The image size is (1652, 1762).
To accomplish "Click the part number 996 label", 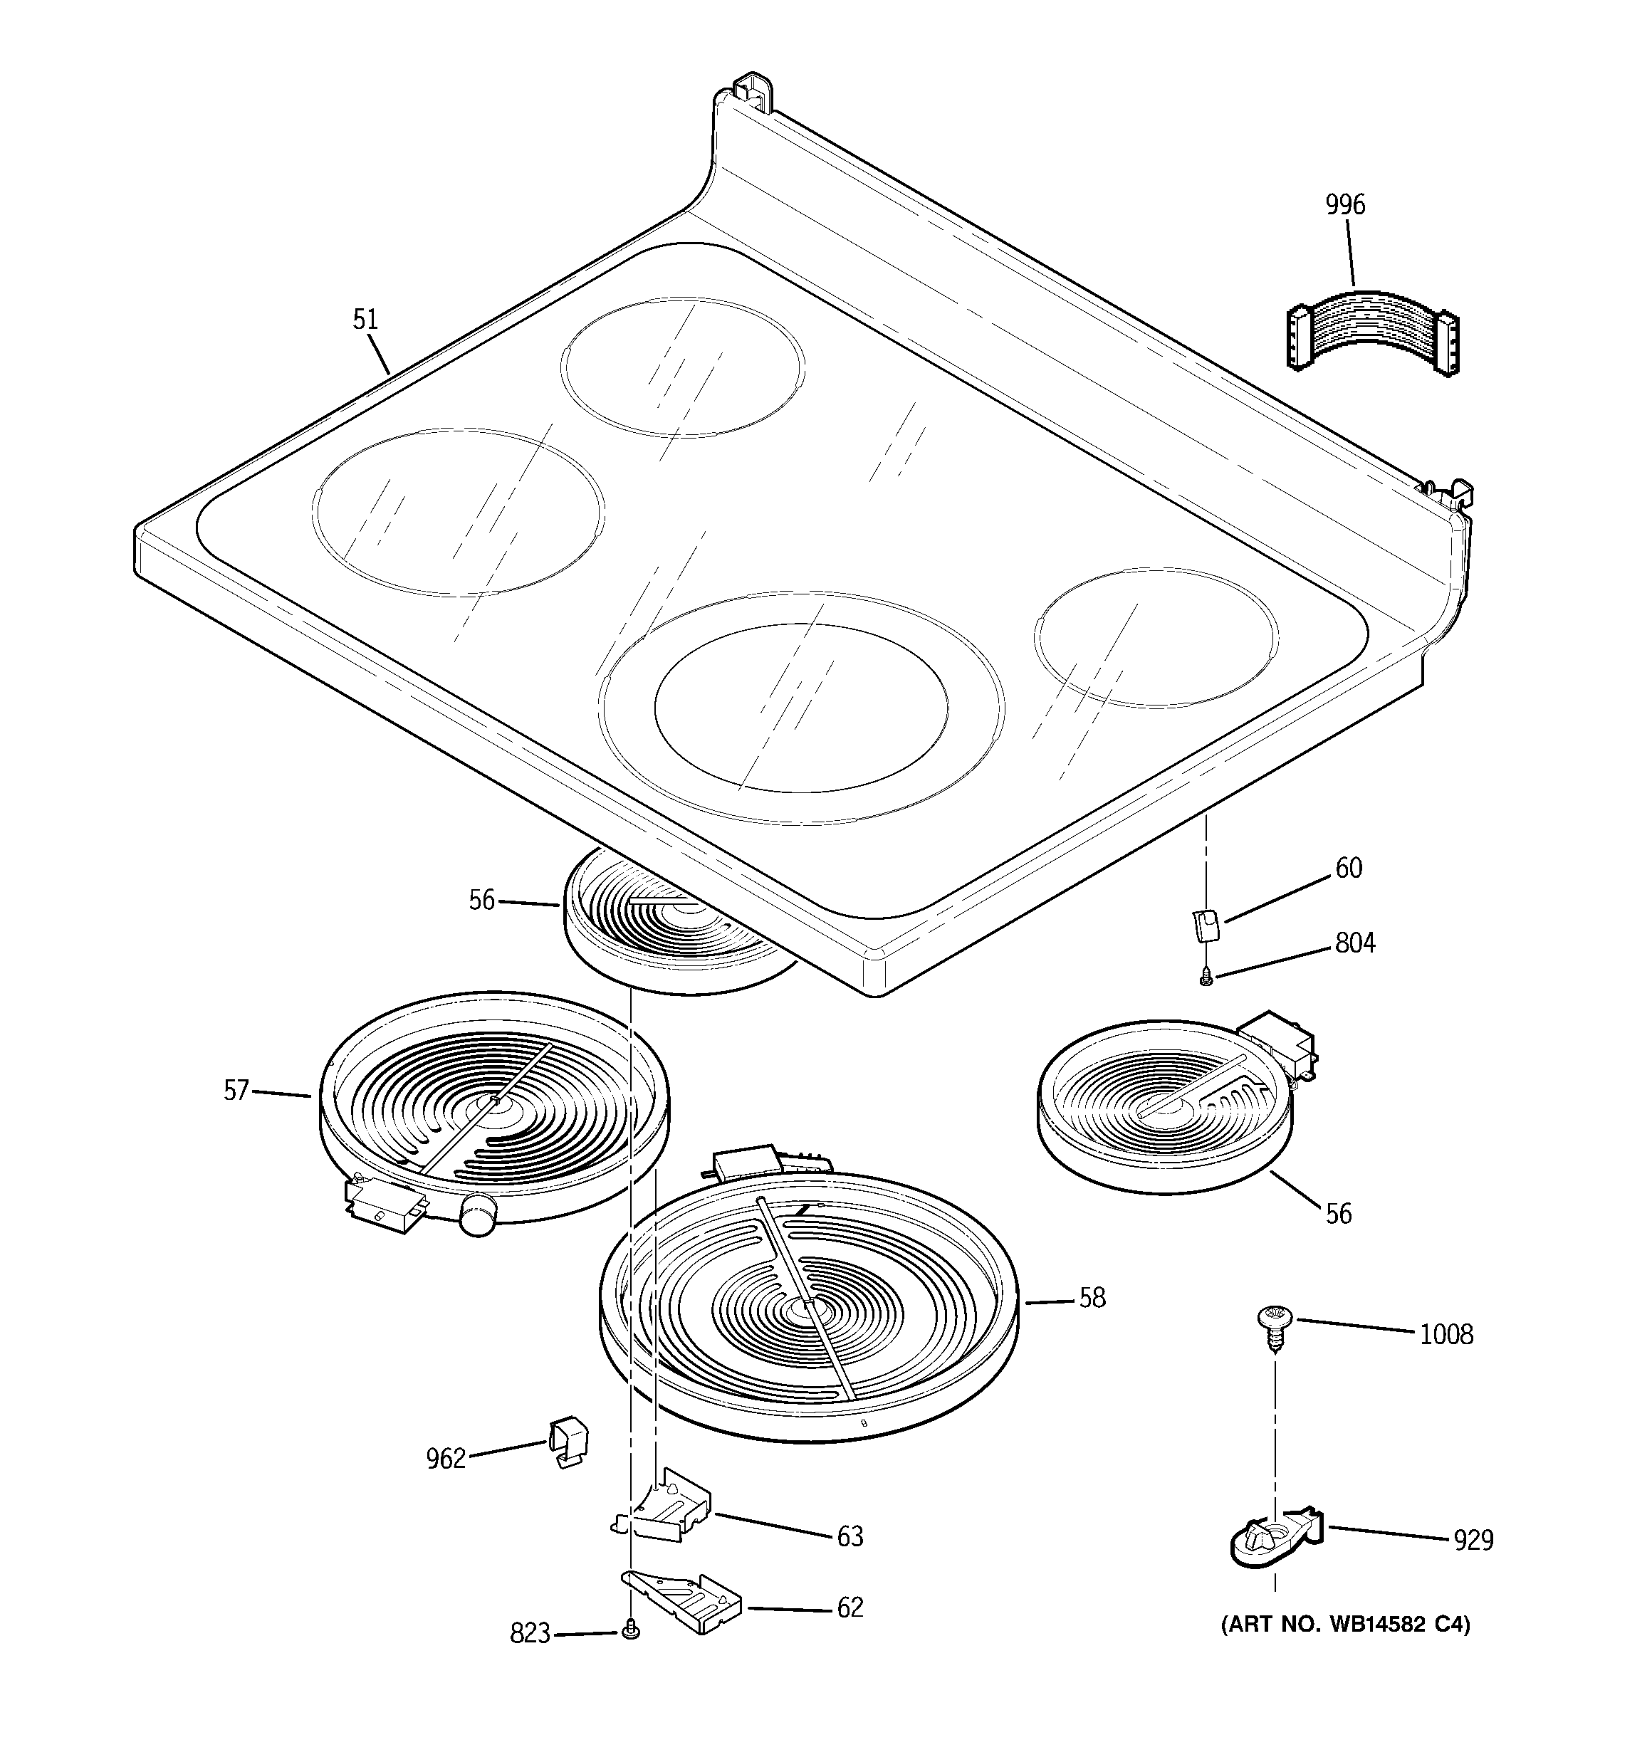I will (1344, 205).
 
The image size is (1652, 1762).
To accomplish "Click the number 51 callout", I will (365, 319).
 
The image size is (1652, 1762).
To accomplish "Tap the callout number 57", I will (236, 1090).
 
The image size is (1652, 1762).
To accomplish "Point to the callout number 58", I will (1092, 1298).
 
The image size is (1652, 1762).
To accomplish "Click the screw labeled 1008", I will (1275, 1329).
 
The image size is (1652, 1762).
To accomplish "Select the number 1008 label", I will (1445, 1334).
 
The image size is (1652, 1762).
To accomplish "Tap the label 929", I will (1472, 1541).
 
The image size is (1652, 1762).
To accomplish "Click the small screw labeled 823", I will (630, 1628).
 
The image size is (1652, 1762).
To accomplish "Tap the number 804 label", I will (1355, 943).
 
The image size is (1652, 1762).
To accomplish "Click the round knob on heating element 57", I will (477, 1212).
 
